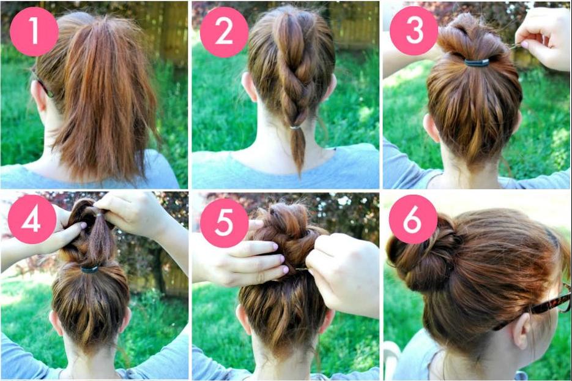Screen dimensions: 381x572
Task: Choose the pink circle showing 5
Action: pos(224,219)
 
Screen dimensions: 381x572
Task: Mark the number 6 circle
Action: pos(413,219)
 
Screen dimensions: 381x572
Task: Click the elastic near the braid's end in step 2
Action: pos(297,127)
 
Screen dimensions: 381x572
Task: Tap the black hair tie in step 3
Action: pos(477,62)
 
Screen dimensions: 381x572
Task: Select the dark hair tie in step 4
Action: pos(90,268)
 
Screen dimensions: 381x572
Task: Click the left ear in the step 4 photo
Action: pos(56,322)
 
